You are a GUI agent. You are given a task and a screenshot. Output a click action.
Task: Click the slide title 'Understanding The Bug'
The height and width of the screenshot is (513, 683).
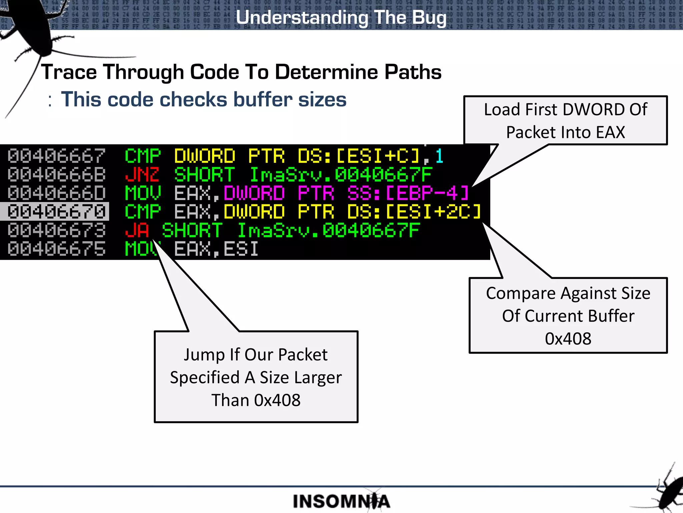tap(341, 17)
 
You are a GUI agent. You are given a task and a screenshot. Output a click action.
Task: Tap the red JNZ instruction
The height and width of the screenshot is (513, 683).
tap(142, 175)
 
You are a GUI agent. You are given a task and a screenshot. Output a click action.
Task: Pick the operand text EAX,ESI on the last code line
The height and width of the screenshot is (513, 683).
tap(216, 249)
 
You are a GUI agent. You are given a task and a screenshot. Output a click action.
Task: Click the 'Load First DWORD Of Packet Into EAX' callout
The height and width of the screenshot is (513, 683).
tap(565, 121)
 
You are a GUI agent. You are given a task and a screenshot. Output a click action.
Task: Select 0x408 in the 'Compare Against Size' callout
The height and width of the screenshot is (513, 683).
tap(568, 338)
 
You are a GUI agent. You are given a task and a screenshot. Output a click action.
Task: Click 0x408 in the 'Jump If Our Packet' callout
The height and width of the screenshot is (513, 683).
tap(277, 400)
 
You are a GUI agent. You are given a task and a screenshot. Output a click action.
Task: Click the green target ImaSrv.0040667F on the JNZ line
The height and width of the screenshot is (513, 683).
tap(341, 175)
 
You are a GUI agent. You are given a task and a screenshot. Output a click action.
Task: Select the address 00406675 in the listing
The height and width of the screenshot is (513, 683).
tap(56, 249)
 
